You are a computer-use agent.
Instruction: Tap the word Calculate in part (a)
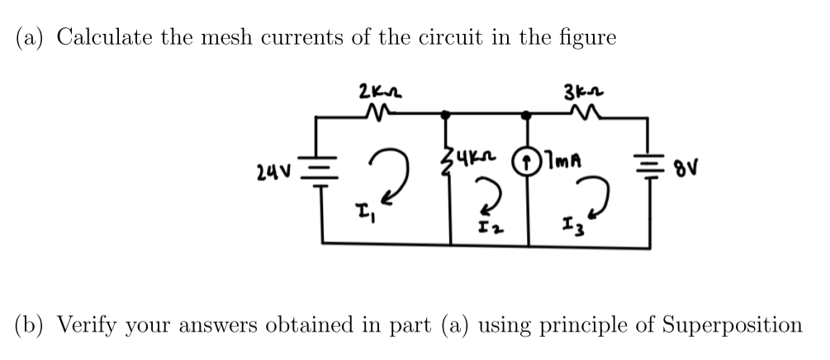tap(102, 38)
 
